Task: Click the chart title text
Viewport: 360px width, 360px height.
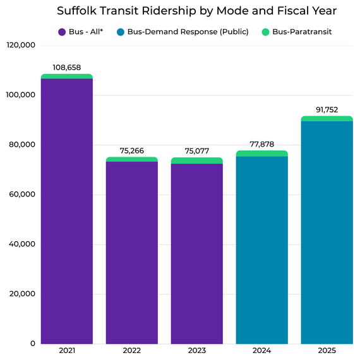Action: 196,11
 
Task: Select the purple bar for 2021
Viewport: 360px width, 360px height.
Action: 67,212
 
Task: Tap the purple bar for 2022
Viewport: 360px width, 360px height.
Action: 131,253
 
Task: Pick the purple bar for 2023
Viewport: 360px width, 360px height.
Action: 196,253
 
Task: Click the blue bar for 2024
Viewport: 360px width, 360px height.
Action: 261,249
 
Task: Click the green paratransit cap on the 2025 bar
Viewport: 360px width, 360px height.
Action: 327,118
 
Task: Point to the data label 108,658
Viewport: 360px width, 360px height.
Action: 67,67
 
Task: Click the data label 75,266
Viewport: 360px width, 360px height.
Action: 131,150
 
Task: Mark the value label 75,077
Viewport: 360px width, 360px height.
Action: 196,151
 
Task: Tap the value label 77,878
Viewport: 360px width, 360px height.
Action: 261,144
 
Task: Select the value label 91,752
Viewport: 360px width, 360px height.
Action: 327,109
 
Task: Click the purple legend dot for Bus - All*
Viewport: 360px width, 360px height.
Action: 62,32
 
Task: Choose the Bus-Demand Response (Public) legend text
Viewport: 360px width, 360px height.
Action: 188,32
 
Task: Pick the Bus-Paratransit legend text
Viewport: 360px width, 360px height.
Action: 302,32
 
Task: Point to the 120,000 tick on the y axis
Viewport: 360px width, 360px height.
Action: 20,45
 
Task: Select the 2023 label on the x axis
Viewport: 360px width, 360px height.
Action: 196,351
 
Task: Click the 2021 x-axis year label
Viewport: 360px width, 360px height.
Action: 67,351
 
